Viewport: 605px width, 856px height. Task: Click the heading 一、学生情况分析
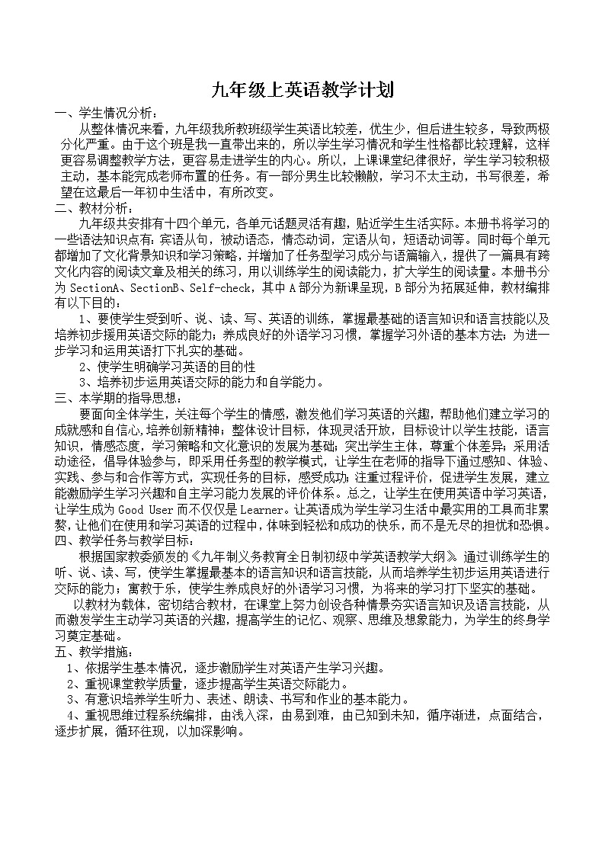tap(107, 113)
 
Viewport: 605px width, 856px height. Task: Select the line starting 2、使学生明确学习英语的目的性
tap(167, 367)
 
